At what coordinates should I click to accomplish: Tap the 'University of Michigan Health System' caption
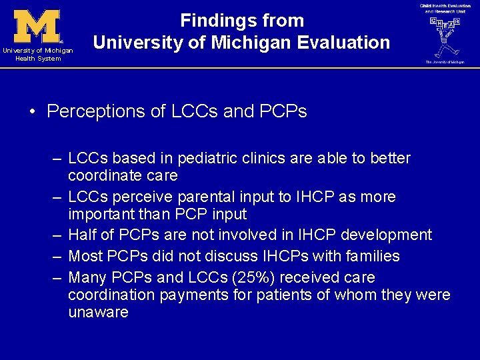click(x=37, y=55)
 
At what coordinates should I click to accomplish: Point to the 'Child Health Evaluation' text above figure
click(x=445, y=6)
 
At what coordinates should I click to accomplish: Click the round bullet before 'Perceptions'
click(x=33, y=112)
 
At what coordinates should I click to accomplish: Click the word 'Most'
click(x=85, y=257)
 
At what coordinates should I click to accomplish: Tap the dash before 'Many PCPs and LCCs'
click(x=57, y=278)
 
